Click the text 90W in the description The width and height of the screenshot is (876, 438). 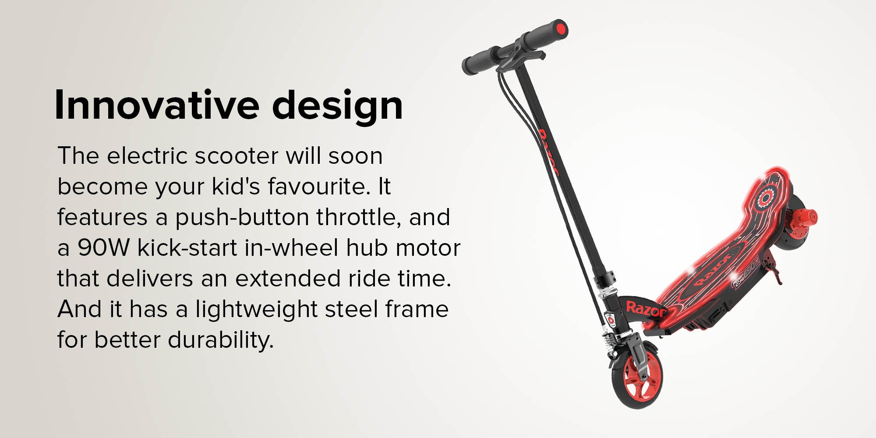pyautogui.click(x=104, y=248)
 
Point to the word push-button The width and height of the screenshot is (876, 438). pyautogui.click(x=242, y=218)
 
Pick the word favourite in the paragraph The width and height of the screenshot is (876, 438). pyautogui.click(x=316, y=186)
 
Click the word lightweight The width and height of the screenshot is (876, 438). pyautogui.click(x=256, y=310)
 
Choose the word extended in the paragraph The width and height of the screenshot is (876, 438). pyautogui.click(x=288, y=279)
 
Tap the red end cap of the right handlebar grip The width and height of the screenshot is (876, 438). pyautogui.click(x=559, y=30)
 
